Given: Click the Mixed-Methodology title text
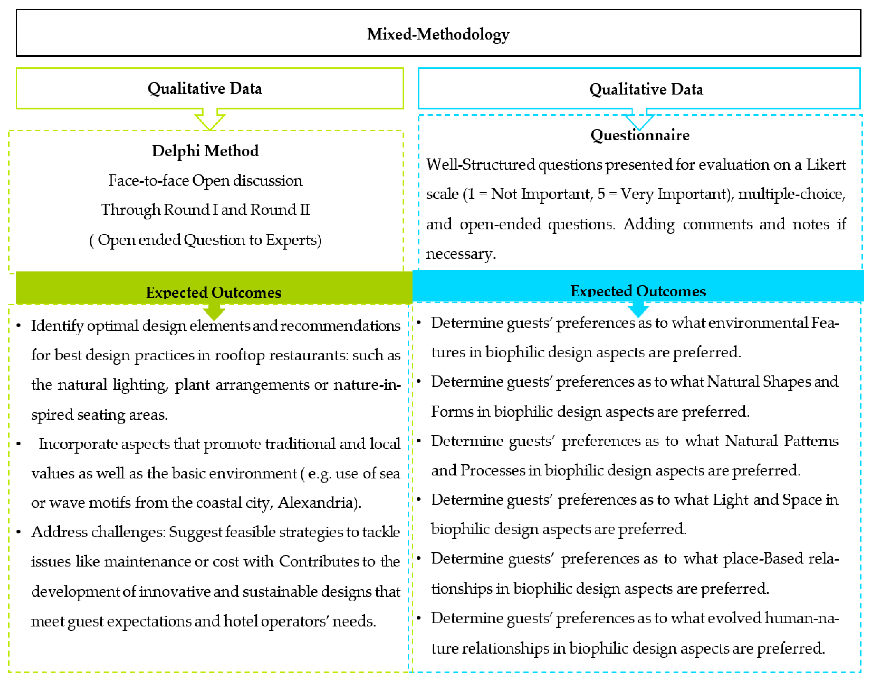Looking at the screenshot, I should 438,34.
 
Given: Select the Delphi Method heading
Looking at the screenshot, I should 205,151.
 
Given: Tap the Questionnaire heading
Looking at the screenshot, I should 639,135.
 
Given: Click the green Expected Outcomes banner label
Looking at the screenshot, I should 213,292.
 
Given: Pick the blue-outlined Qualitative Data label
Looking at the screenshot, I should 646,89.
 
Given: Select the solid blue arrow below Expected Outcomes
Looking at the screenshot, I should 638,309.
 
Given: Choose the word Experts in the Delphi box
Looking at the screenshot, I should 292,240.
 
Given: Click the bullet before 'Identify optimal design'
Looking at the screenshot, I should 19,326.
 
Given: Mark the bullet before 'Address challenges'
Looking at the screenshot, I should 19,532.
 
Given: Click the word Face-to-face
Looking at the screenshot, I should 149,181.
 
